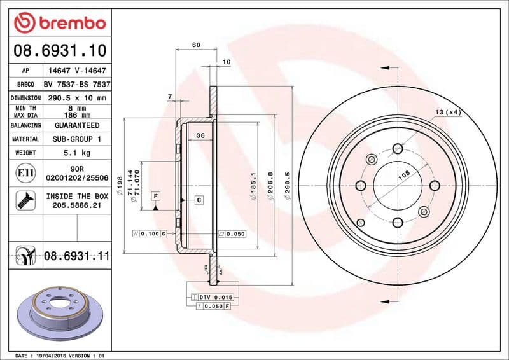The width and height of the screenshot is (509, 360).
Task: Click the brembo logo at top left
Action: click(59, 23)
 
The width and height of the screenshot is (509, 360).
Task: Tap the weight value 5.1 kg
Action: click(76, 153)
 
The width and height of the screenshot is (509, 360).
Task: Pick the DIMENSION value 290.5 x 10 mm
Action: click(76, 98)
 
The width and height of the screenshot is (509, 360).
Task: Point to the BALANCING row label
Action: click(25, 125)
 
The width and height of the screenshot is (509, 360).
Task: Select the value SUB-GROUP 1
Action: click(76, 139)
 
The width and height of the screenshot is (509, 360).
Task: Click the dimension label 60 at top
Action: click(196, 45)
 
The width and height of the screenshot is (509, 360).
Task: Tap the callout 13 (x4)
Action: click(447, 112)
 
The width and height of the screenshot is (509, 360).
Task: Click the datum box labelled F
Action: click(155, 195)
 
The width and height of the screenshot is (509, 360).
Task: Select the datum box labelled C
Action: click(199, 200)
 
